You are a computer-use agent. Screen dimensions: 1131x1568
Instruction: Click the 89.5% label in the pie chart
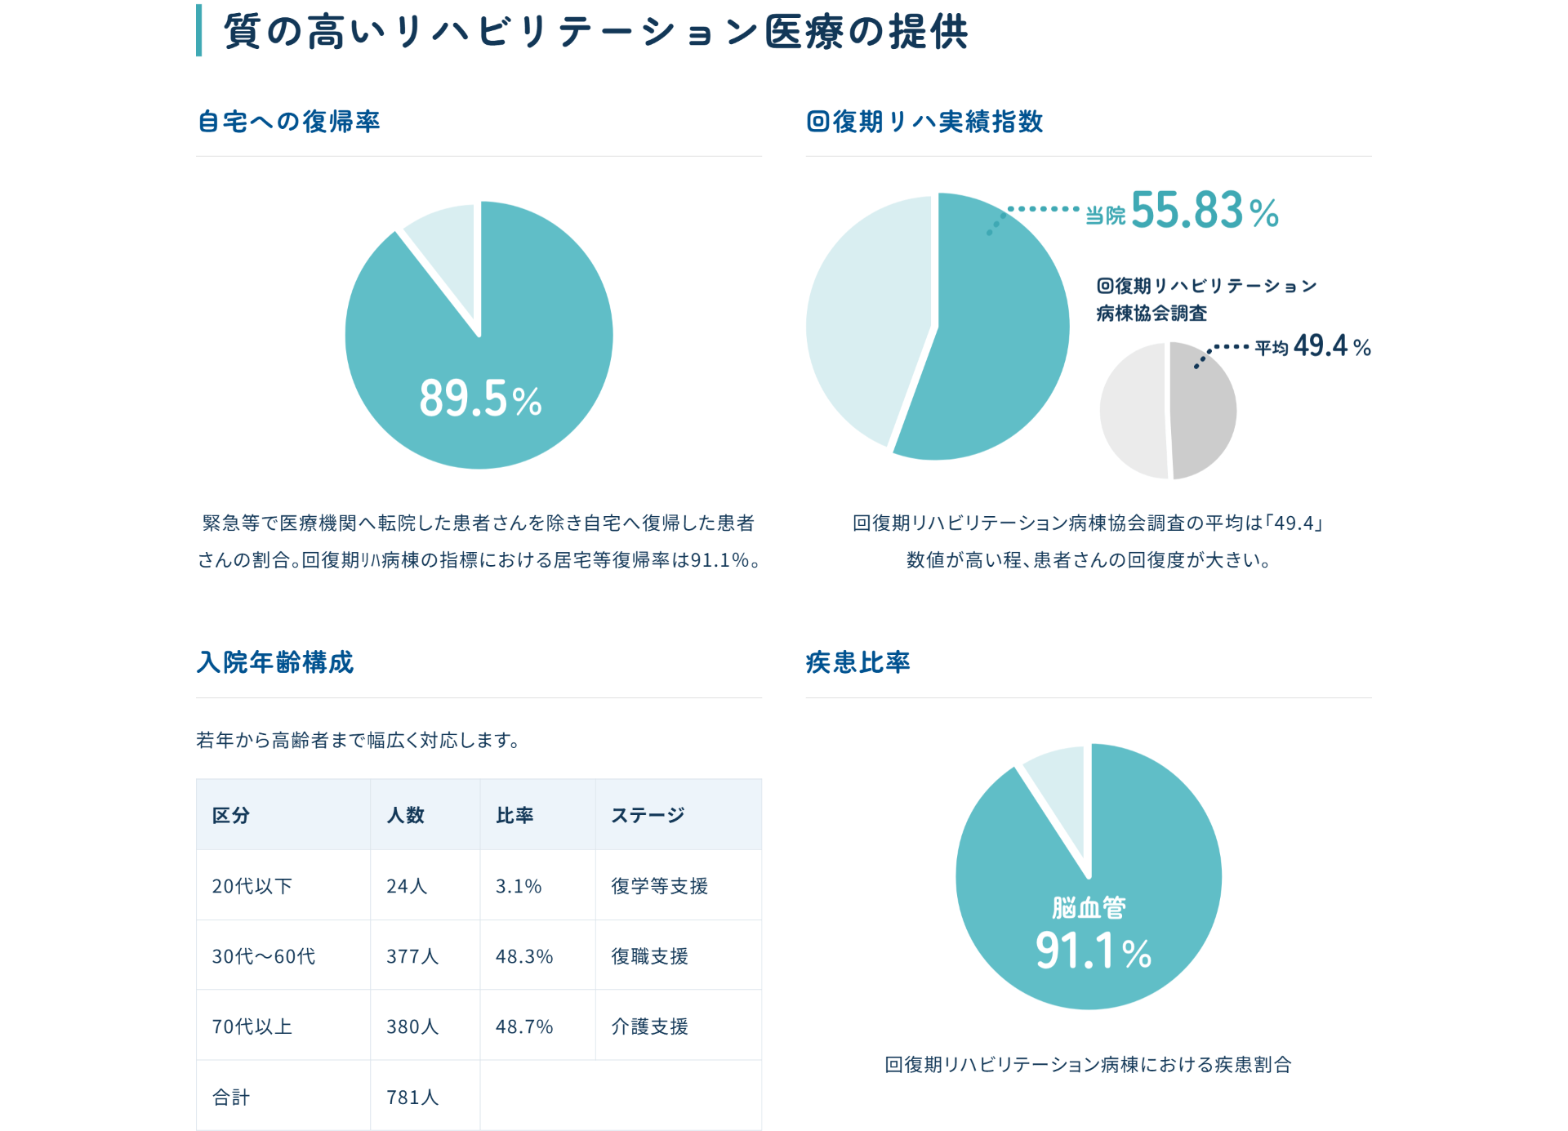click(480, 399)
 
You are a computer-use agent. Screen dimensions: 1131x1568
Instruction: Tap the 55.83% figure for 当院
click(1204, 211)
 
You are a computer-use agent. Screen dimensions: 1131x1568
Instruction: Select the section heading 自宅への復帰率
click(288, 122)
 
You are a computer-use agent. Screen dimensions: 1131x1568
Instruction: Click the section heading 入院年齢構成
click(275, 662)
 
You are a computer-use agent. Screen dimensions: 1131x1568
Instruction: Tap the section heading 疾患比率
click(857, 662)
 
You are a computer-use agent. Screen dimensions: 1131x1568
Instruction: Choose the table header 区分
click(230, 815)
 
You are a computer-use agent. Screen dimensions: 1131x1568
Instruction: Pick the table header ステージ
click(648, 815)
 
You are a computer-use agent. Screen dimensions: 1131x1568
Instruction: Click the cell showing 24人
click(407, 886)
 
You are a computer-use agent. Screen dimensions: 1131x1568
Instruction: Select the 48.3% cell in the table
click(524, 956)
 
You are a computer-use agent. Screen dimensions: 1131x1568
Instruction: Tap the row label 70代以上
click(252, 1026)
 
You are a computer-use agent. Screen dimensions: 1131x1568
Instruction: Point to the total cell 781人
click(412, 1097)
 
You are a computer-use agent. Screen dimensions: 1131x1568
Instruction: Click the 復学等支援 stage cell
click(659, 886)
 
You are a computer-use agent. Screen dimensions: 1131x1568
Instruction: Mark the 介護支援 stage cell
click(649, 1026)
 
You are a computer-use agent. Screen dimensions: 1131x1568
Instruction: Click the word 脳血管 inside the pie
click(1089, 907)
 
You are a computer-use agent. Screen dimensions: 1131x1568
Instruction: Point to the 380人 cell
click(412, 1026)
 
